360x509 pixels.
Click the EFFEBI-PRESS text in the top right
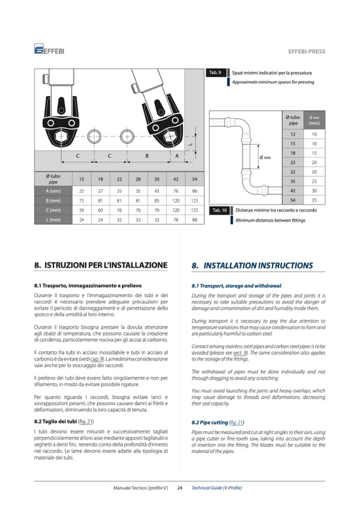306,51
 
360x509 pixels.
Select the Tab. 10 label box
219,210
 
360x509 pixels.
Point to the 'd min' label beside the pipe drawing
264,158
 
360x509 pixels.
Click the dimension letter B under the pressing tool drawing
147,156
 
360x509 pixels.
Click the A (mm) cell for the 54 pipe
194,191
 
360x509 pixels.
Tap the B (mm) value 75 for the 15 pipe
82,200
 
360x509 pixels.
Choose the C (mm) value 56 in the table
82,210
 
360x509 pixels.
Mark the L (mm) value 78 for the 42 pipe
176,219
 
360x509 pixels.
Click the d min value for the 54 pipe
314,201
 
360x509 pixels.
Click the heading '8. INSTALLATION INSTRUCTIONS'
252,265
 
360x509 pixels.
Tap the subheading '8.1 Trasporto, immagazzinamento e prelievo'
88,286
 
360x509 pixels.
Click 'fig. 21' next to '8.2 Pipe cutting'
236,422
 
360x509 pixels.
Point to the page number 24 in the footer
179,488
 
